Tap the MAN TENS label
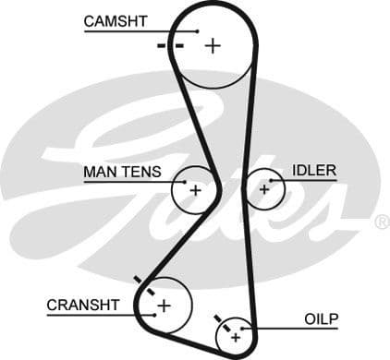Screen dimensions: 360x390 tap(122, 172)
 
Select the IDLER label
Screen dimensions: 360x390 tap(314, 171)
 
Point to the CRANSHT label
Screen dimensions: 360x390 tap(83, 305)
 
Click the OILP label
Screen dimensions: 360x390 tap(322, 319)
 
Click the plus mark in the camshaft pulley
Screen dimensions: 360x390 tap(213, 44)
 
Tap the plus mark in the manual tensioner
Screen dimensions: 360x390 tap(195, 190)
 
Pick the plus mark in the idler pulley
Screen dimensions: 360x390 tap(264, 189)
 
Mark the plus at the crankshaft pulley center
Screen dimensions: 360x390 tap(165, 305)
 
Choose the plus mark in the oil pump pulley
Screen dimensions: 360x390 tap(236, 338)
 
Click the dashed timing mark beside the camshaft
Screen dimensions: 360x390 tap(171, 44)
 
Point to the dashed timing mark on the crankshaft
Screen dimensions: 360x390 tap(143, 285)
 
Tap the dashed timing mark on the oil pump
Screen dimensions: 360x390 tap(222, 323)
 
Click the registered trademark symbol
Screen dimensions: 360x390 tap(382, 222)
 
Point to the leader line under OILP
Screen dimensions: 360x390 tap(296, 329)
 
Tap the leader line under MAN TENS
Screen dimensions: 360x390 tap(129, 181)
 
